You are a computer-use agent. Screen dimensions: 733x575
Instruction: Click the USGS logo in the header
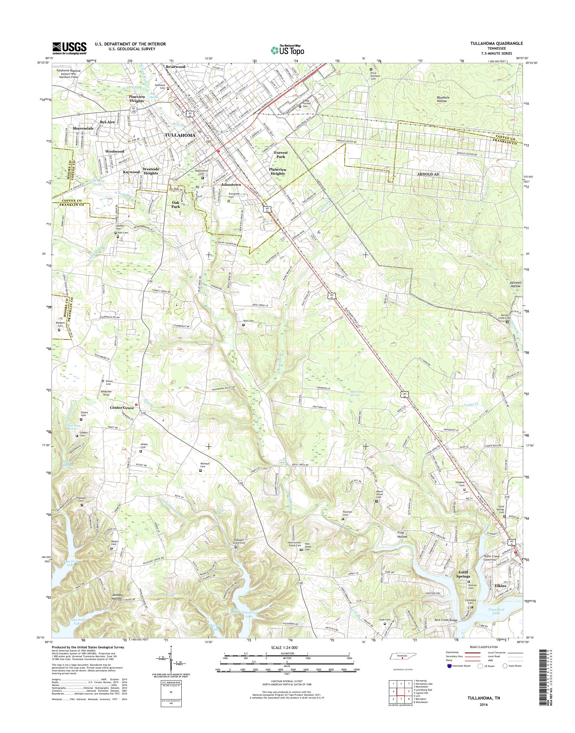(x=69, y=48)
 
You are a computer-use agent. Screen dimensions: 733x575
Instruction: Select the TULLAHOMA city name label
(x=180, y=135)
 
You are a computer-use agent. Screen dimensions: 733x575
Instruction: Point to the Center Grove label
(x=122, y=408)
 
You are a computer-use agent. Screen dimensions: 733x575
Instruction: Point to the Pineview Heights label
(x=137, y=99)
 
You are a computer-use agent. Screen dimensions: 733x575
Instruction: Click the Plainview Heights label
(x=277, y=171)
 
